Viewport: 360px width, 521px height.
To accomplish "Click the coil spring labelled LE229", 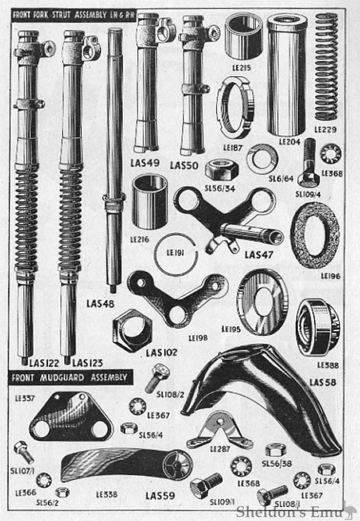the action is coord(326,66).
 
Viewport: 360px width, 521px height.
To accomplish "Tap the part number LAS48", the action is coord(100,304).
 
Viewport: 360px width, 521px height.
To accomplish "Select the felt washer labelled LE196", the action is coord(315,235).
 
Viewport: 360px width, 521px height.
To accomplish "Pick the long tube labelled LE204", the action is coord(287,74).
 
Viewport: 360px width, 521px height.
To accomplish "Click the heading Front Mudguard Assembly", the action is coord(69,378).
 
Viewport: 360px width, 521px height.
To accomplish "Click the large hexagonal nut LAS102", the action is coord(132,330).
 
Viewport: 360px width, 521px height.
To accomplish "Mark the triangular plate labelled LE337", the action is coord(71,416).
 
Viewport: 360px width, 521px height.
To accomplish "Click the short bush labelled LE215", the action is coord(244,37).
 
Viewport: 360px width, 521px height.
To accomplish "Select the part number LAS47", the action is coord(259,255).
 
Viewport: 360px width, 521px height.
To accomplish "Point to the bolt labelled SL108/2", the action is coord(157,378).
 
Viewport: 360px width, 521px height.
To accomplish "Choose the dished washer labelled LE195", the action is coord(262,302).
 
